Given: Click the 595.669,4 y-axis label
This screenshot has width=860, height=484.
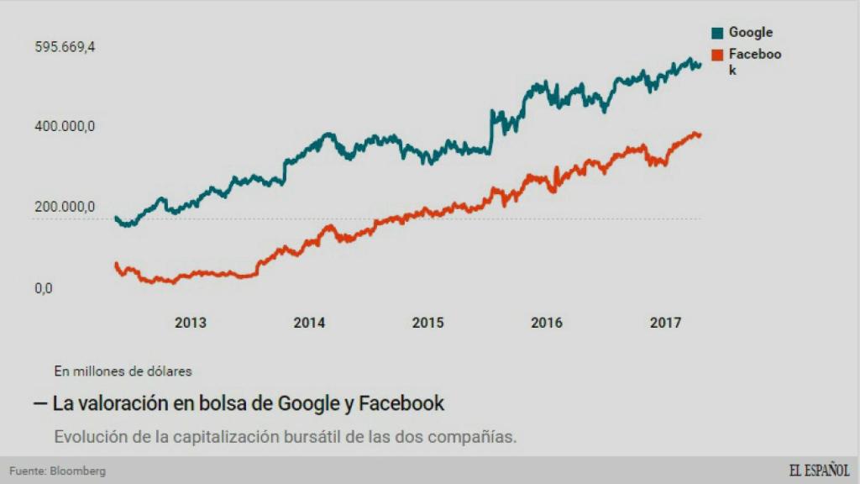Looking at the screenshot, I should coord(65,47).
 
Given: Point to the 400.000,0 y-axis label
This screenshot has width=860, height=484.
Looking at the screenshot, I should coord(65,126).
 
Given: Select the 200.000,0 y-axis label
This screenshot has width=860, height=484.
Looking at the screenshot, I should coord(65,207).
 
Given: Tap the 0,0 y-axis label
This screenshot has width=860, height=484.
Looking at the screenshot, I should coord(44,288).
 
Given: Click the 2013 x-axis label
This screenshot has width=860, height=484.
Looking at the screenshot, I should coord(190,323).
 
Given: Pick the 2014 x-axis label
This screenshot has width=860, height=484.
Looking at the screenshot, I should coord(309,323).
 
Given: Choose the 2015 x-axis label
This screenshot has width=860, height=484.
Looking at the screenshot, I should coord(427,323).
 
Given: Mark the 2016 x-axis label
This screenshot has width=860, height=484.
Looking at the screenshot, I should coord(547,323).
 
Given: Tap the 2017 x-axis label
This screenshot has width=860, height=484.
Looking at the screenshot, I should coord(666,323).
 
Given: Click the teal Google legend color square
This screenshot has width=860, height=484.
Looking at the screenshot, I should coord(717,34).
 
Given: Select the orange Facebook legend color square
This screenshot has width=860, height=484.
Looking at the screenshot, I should coord(717,55).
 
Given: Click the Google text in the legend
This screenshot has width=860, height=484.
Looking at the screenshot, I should coord(750,33).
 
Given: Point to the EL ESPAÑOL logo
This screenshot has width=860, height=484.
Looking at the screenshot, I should coord(818,470).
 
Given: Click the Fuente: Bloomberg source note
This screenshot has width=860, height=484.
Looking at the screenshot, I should coord(58,471).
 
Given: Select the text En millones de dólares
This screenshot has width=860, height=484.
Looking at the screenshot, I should coord(123,370).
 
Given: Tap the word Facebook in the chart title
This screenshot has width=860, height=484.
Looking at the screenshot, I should coord(401,403).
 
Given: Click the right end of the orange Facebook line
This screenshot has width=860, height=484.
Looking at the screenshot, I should coord(700,135).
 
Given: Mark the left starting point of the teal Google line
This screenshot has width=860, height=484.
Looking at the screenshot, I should coord(116,218).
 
